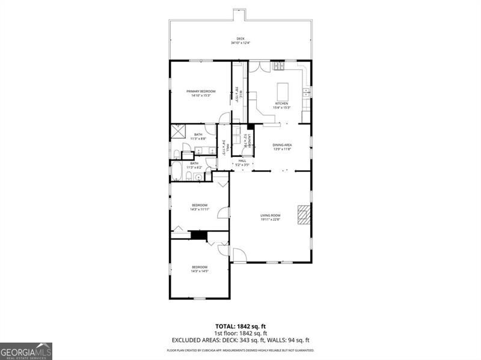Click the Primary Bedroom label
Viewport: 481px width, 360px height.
coord(200,93)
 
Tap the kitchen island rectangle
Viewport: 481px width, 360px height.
coord(283,91)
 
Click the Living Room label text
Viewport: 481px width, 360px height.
coord(271,217)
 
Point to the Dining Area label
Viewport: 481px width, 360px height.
coord(282,147)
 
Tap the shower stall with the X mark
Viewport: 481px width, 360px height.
coord(178,131)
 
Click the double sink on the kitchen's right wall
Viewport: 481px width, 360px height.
coord(306,92)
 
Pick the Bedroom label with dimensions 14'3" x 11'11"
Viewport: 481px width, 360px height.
coord(200,207)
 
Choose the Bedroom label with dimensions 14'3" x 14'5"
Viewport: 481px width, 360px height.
coord(200,269)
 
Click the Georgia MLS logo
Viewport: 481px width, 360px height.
coord(26,351)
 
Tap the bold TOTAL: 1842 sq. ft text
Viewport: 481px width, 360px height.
coord(240,326)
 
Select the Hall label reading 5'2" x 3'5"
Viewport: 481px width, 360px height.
coord(242,162)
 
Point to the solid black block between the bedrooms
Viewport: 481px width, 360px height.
coord(198,234)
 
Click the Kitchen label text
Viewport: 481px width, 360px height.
coord(282,105)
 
